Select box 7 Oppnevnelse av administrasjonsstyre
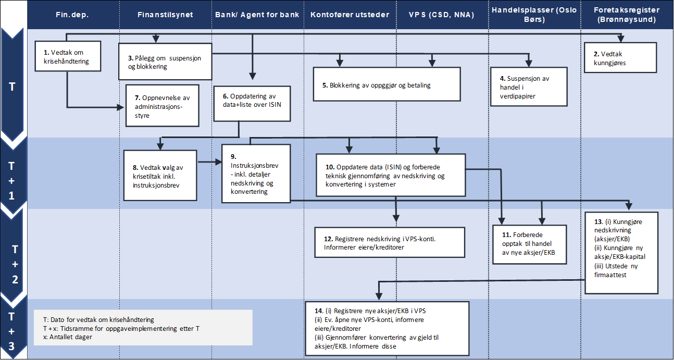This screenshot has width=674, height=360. coord(163,106)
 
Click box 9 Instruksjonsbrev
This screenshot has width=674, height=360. coord(255,173)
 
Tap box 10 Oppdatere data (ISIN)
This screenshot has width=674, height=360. coord(390,175)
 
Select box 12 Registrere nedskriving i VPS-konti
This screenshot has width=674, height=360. coord(390,242)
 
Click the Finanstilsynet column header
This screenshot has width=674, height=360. coord(165,15)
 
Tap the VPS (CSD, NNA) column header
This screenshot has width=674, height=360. coord(442,15)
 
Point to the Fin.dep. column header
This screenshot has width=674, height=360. coord(72,15)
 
